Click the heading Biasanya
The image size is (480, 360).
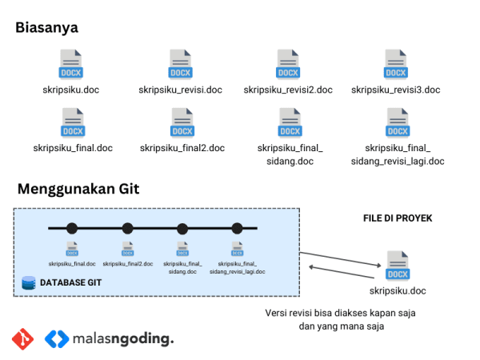coord(46,27)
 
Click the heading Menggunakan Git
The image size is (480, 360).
coord(78,190)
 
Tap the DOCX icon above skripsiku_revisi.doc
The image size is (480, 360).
coord(180,63)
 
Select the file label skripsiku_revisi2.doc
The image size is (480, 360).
coord(288,90)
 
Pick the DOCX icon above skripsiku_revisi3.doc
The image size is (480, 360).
coord(396,63)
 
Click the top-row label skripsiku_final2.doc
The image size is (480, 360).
coord(182,148)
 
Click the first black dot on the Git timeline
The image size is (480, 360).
coord(72,228)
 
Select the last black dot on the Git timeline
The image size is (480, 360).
coord(237,228)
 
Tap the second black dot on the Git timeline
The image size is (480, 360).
coord(127,228)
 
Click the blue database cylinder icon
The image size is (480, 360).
coord(29,283)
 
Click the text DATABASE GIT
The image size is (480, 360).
coord(70,283)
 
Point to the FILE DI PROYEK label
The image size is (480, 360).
coord(398,218)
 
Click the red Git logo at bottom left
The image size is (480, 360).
coord(23,339)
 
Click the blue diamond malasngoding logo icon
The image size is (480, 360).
coord(58,339)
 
